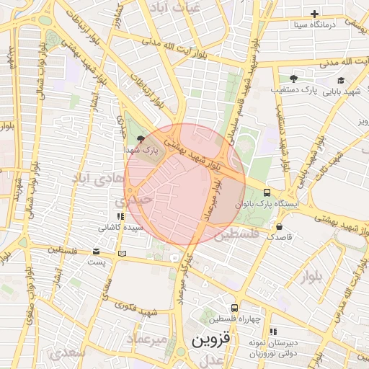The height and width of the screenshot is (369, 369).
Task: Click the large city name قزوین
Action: click(x=209, y=340)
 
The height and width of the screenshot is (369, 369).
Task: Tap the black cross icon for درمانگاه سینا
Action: click(x=314, y=14)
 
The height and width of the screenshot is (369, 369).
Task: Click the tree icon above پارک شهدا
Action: click(x=140, y=138)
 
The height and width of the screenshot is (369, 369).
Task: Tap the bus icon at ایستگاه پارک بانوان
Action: click(x=267, y=192)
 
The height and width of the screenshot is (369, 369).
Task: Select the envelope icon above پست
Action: click(x=97, y=252)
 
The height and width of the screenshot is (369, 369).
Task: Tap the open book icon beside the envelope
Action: click(x=122, y=253)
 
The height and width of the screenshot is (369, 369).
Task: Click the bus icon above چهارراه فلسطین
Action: click(x=234, y=308)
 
